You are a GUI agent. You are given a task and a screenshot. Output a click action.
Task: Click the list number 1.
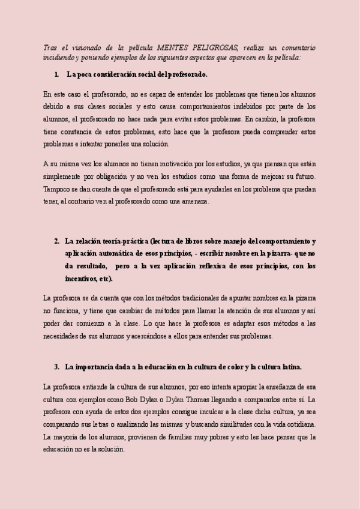point(56,75)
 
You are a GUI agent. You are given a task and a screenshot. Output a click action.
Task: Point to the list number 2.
point(56,241)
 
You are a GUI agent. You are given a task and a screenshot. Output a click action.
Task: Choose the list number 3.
point(56,367)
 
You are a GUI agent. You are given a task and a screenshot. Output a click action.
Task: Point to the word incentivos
point(82,279)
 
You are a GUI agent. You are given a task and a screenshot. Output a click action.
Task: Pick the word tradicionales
point(182,298)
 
